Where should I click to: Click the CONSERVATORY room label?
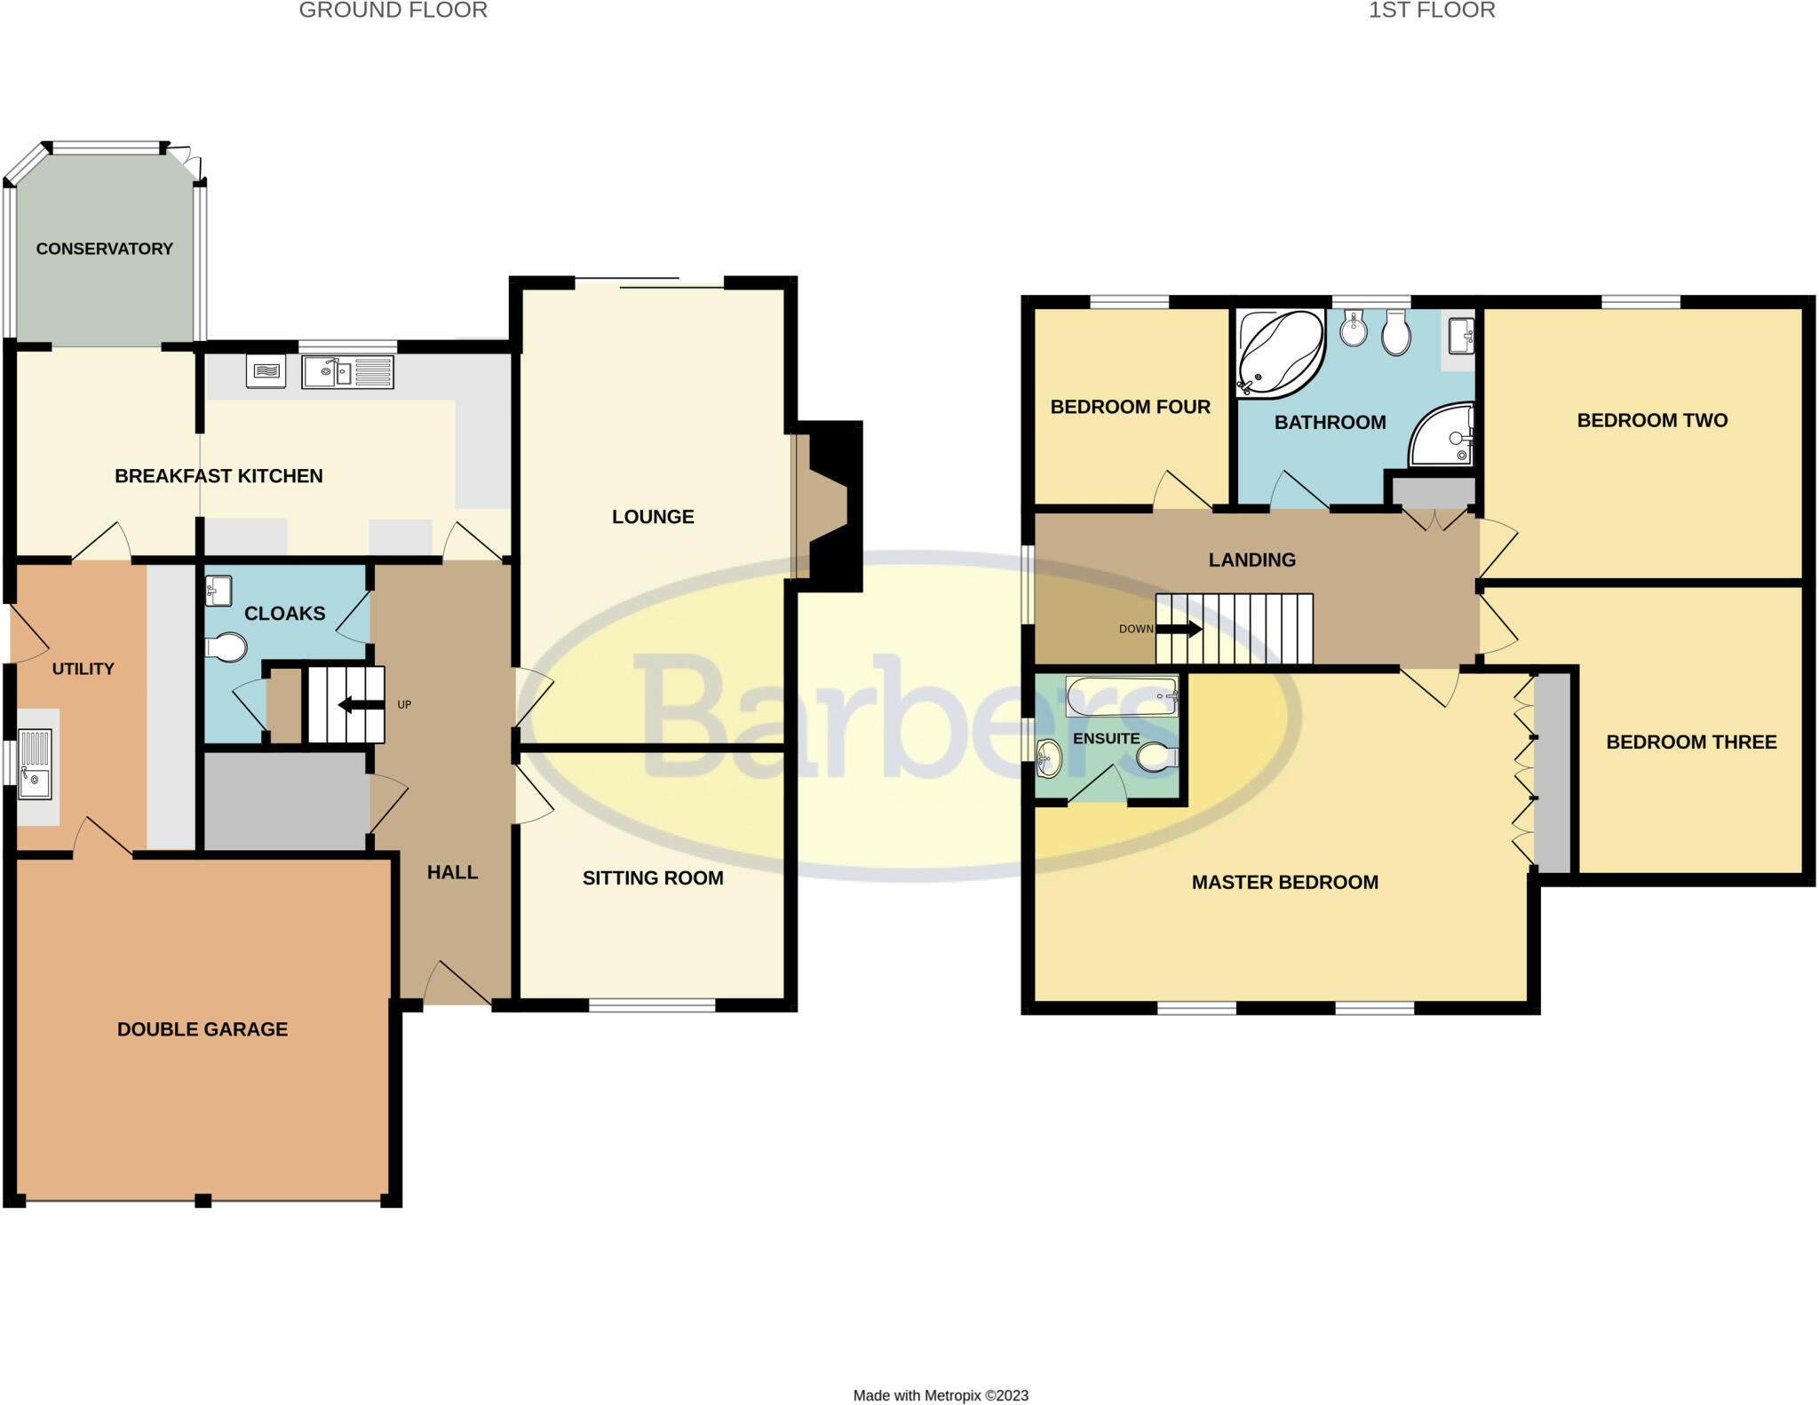(x=105, y=249)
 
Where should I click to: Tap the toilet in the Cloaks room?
(x=226, y=647)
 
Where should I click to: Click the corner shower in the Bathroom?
(x=1444, y=437)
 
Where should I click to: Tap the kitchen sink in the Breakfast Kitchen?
(x=347, y=372)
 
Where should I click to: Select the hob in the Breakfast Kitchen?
(x=266, y=371)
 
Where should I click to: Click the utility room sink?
(x=36, y=764)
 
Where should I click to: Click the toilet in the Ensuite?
(x=1157, y=758)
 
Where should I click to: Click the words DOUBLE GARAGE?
(x=203, y=1029)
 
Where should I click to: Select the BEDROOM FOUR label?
(x=1130, y=407)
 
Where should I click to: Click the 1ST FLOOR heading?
(x=1432, y=11)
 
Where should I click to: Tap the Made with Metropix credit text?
(x=941, y=1395)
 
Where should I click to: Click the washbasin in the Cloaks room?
(x=218, y=589)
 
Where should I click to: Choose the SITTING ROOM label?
(x=653, y=878)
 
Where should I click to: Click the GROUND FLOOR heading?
(x=393, y=11)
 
